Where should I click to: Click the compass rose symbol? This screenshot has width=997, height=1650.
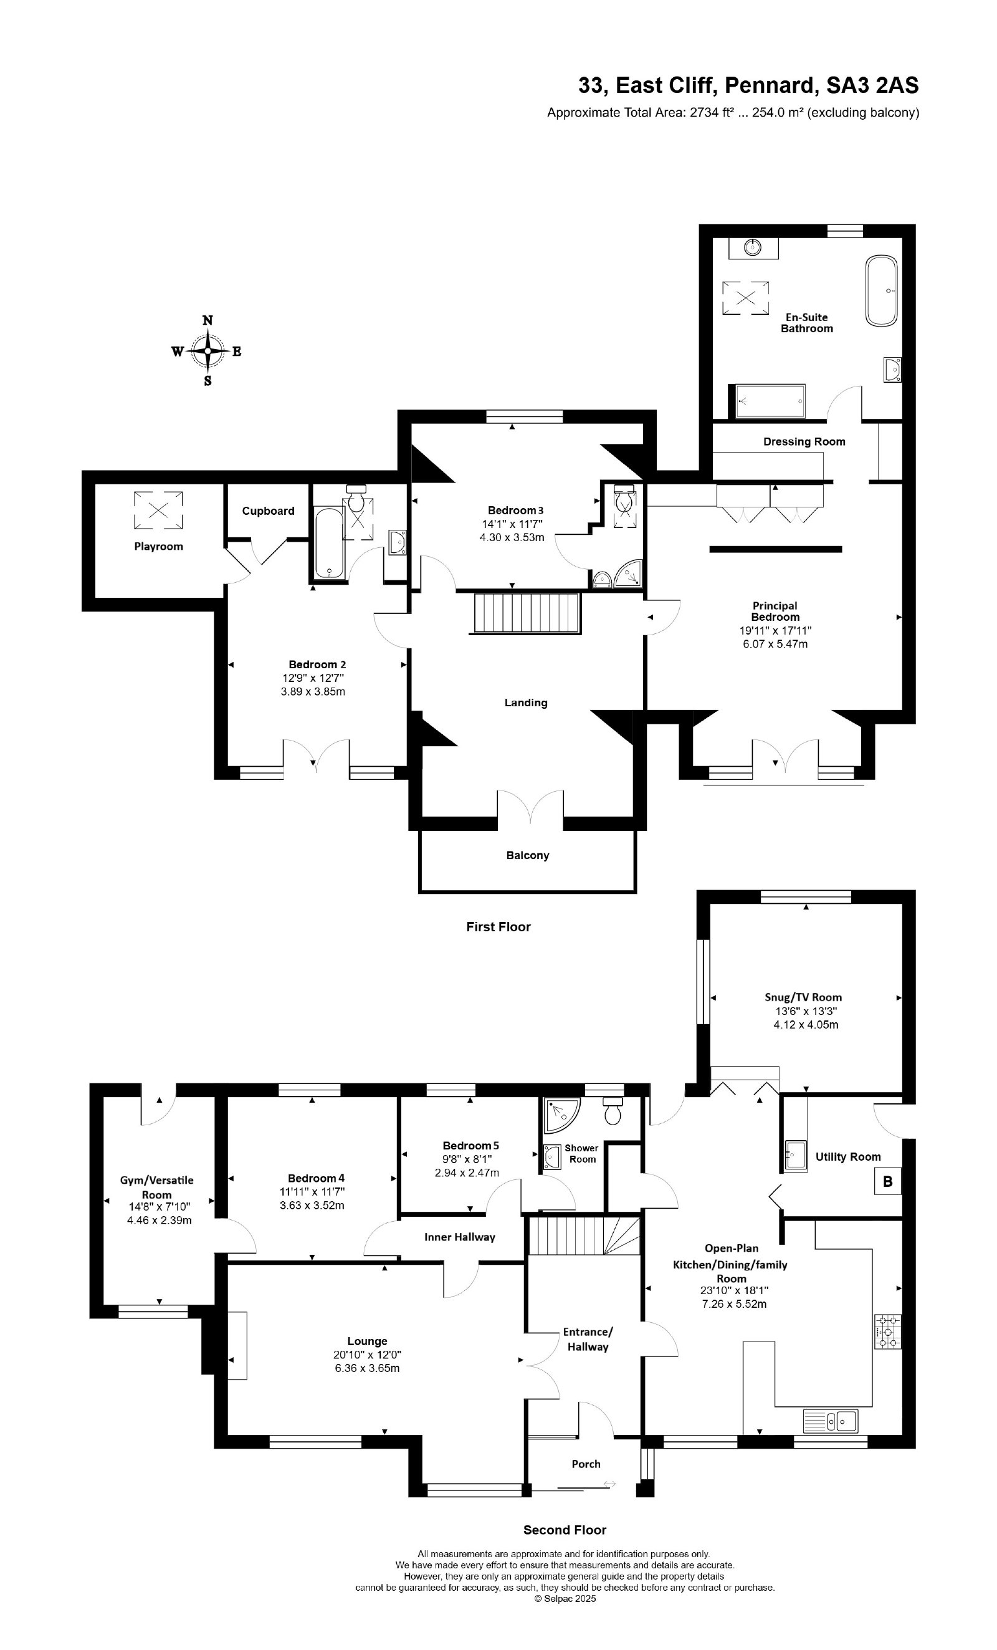[x=208, y=351]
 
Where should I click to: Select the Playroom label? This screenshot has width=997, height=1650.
[x=158, y=547]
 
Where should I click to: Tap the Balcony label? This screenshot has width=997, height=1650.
[x=528, y=855]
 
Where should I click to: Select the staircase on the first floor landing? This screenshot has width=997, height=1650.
[x=527, y=612]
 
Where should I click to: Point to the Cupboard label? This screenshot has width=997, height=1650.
[x=268, y=511]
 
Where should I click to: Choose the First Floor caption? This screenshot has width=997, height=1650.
[x=498, y=927]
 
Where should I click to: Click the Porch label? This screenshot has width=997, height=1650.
[x=586, y=1464]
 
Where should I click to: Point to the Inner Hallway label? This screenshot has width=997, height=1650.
[x=459, y=1237]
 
